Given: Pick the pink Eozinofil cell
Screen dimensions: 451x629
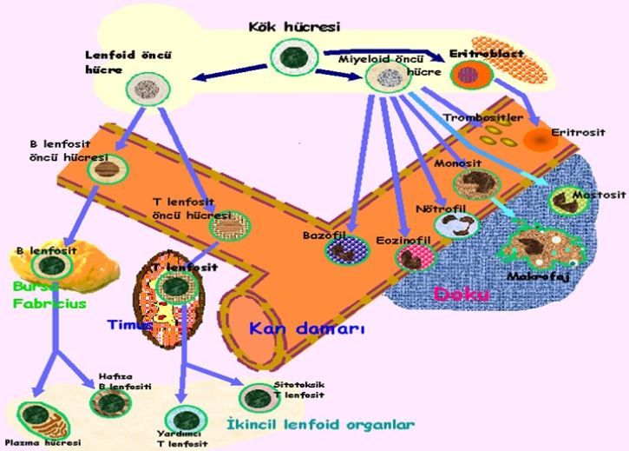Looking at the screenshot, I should point(410,255).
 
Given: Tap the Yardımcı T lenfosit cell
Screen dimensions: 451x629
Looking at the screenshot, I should point(181,419).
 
